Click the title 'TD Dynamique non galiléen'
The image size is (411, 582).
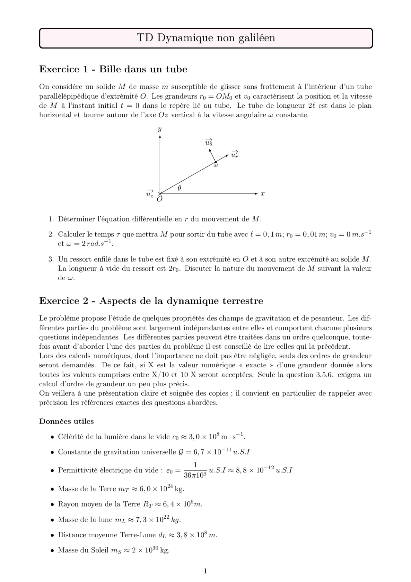[206, 38]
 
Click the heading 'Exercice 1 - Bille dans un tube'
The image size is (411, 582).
[113, 69]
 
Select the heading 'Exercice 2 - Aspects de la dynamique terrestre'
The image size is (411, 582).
[151, 301]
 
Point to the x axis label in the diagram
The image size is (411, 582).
[262, 193]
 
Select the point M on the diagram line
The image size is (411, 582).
[216, 162]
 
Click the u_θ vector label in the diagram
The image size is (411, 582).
[209, 142]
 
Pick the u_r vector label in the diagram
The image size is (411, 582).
[235, 155]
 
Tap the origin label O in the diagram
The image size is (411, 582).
[160, 200]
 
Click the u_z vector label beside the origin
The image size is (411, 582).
[150, 194]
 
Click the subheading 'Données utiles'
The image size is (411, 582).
[66, 421]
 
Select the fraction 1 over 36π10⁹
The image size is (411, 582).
[195, 470]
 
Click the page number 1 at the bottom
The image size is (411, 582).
[205, 571]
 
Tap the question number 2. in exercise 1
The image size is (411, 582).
[51, 234]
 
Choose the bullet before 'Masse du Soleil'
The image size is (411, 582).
[52, 551]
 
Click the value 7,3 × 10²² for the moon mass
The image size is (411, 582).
[150, 520]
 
